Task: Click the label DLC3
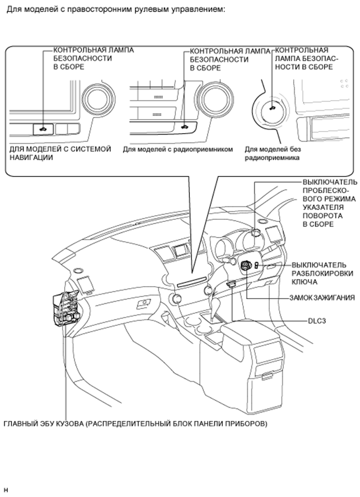(317, 321)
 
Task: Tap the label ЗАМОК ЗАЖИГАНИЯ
(321, 298)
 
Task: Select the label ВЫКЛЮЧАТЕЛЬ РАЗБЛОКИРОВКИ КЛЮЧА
(322, 274)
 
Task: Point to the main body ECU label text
(135, 423)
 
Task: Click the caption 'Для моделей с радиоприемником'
(177, 149)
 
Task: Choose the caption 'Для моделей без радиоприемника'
(273, 153)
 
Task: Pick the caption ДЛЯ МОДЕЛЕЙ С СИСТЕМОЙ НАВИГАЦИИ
(60, 153)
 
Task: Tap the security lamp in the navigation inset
(42, 127)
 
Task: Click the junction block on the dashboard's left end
(65, 309)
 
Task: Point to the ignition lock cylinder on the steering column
(245, 266)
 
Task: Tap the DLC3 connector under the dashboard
(231, 284)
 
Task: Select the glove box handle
(141, 306)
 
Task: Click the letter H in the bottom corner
(6, 490)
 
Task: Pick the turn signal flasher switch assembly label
(329, 203)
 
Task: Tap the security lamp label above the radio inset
(230, 60)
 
